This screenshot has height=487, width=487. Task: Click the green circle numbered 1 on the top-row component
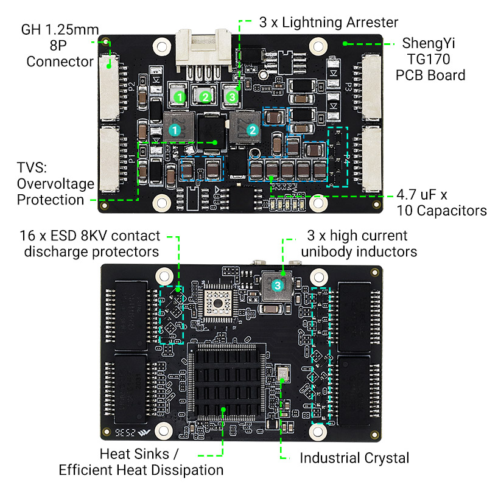click(179, 97)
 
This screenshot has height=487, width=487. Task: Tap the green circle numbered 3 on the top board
click(231, 97)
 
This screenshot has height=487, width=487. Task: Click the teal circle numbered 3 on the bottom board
click(277, 285)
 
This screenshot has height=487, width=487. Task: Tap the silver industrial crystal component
click(283, 373)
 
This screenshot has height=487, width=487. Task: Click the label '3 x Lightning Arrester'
click(328, 23)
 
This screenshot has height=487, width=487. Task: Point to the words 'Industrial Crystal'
click(354, 458)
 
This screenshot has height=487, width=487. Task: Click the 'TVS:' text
click(31, 168)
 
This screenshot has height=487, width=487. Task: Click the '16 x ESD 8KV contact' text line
click(89, 236)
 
